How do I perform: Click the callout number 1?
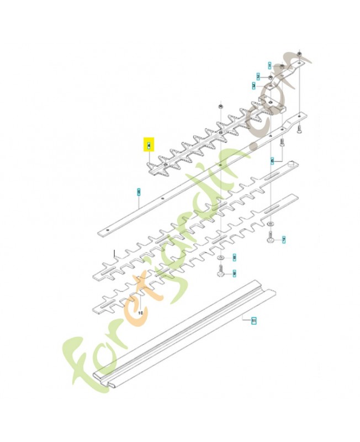point(269,65)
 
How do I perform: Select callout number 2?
point(258,76)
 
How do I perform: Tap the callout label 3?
point(253,86)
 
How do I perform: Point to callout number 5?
point(139,191)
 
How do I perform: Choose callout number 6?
point(272,161)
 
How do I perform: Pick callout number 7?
point(284,240)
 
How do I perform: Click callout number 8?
point(234,257)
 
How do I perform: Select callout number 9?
point(234,272)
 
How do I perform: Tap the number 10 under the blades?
point(140,312)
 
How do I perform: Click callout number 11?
point(253,320)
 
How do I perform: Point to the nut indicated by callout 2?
point(269,76)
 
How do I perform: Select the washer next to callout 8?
point(220,257)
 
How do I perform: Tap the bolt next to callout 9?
point(220,272)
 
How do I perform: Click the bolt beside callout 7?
point(270,238)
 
